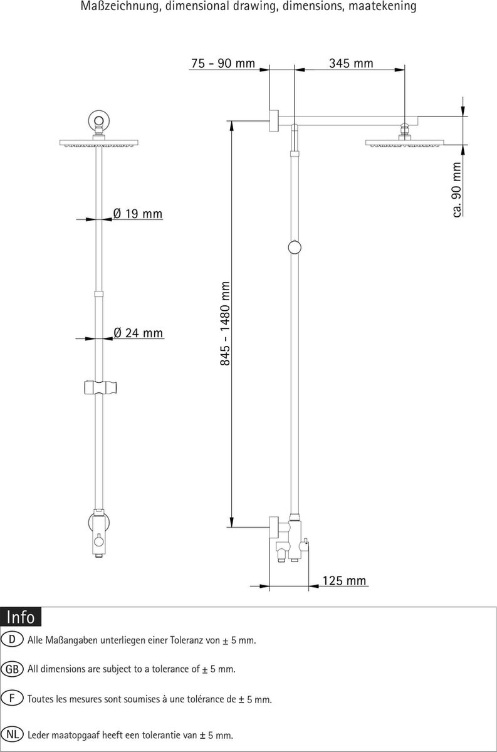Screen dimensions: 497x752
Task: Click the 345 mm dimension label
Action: coord(351,63)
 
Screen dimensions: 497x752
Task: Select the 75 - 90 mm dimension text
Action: coord(223,63)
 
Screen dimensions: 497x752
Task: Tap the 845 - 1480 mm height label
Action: coord(225,323)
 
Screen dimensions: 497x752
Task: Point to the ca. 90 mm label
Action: coord(457,190)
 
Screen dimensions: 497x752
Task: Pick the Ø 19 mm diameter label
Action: coord(138,214)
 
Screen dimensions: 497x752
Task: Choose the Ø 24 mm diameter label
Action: coord(138,333)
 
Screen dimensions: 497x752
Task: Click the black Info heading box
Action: coord(21,617)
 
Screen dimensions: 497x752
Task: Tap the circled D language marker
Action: coord(12,639)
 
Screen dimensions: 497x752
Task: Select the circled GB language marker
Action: coord(12,669)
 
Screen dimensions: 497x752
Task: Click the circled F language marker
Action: coord(12,698)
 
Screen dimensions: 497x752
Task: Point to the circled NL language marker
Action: coord(12,734)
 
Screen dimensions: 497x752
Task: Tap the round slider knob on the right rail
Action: coord(295,248)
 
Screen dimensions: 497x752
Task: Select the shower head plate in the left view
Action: coord(99,143)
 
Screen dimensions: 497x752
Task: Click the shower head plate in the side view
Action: coord(404,144)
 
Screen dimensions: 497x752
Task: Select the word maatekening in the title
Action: coord(382,6)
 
